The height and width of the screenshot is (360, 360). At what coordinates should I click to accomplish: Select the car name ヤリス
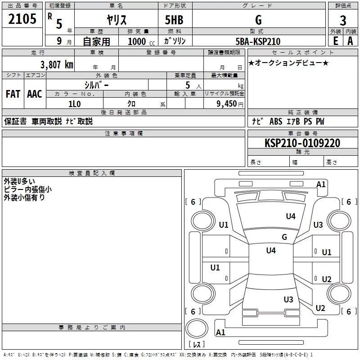coord(116,20)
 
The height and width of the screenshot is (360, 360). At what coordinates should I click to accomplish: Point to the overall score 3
coord(343,21)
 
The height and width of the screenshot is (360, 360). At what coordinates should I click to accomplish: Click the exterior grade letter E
coord(335,41)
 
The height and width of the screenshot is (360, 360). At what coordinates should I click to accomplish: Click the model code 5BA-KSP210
coord(258,41)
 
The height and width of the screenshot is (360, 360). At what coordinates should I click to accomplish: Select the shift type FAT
coord(13,94)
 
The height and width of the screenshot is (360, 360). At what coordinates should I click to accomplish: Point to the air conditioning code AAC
coord(35,94)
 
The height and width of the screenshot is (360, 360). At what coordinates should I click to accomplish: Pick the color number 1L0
coord(74,103)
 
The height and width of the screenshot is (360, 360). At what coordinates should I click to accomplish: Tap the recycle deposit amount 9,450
coord(226,104)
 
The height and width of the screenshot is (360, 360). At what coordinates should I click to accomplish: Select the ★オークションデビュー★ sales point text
coord(288,63)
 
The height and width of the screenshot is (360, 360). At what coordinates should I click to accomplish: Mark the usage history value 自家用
coord(96,41)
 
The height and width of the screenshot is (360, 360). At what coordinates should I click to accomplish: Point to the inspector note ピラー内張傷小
coord(27,189)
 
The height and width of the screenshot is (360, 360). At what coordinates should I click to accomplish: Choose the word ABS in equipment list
coord(276,121)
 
